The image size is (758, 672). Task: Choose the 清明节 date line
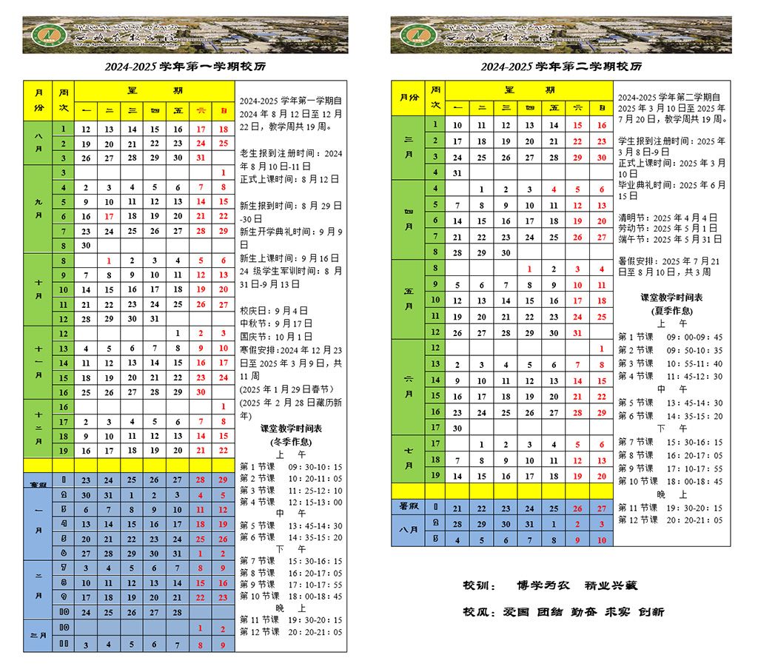[668, 218]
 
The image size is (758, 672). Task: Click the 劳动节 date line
[668, 229]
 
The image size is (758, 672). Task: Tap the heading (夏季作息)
[671, 311]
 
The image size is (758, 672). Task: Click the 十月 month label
[38, 289]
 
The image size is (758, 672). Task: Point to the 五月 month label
[409, 300]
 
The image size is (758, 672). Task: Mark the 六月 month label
[409, 387]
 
